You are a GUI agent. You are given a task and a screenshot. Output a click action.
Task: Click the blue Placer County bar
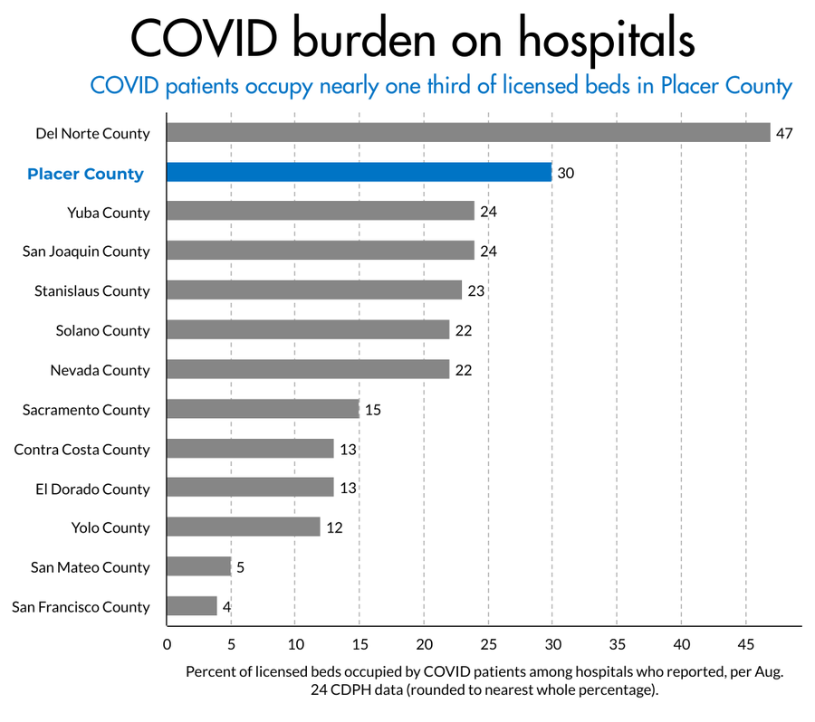click(x=360, y=173)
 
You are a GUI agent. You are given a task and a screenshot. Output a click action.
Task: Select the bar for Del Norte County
click(x=468, y=133)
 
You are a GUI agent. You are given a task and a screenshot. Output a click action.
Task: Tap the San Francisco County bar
click(x=192, y=606)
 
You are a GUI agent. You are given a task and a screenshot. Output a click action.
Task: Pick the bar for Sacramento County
click(x=263, y=410)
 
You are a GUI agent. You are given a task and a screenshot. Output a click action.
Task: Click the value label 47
click(x=784, y=133)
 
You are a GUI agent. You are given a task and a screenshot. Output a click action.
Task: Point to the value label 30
click(x=566, y=173)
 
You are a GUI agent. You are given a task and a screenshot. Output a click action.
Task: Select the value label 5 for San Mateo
click(x=241, y=567)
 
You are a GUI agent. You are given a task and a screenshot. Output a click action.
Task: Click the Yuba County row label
click(x=109, y=213)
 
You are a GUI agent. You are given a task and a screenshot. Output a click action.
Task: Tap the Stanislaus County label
click(x=92, y=291)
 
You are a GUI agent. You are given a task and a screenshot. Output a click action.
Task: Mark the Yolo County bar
click(x=244, y=527)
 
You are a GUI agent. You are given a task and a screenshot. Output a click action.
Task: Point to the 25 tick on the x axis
click(x=488, y=644)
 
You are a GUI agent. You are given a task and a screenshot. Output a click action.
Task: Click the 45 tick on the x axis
click(x=745, y=644)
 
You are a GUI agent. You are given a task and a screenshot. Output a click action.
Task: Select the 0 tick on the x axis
click(x=167, y=644)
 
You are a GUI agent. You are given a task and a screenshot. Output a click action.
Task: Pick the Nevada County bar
click(x=308, y=370)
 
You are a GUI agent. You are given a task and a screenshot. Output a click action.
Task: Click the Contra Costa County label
click(x=82, y=450)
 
